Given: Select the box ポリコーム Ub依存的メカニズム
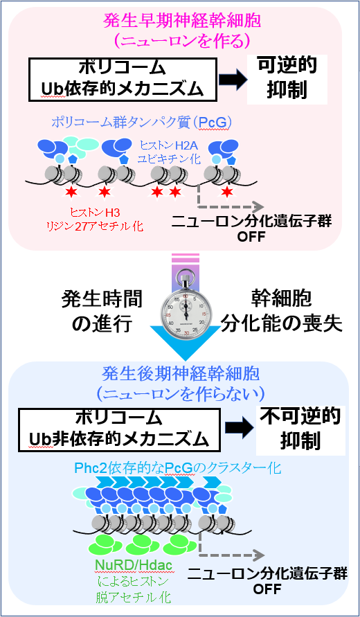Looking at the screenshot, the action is tap(123, 79).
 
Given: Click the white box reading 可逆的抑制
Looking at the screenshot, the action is tap(287, 79).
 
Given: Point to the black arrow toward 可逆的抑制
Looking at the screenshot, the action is tap(233, 79).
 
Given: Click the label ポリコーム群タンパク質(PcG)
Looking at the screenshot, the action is tap(141, 123).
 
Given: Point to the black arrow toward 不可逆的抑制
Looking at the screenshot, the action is tap(237, 430).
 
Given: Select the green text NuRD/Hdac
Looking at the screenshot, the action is tap(134, 566).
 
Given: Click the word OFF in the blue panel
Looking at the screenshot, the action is tap(267, 589).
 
